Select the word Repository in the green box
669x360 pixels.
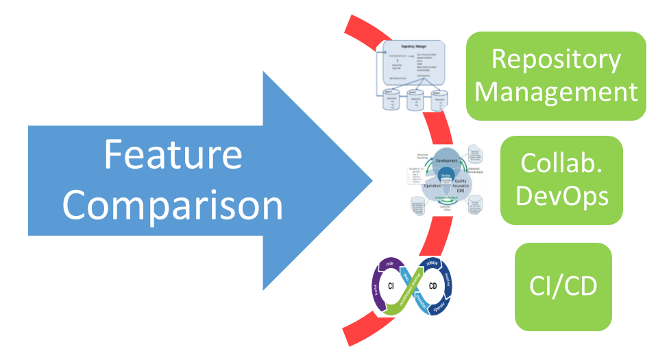pos(556,60)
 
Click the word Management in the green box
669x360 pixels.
pos(556,91)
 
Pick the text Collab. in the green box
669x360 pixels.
pos(561,163)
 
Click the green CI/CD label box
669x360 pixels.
pos(563,287)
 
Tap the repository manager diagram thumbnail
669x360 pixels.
pos(411,75)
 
